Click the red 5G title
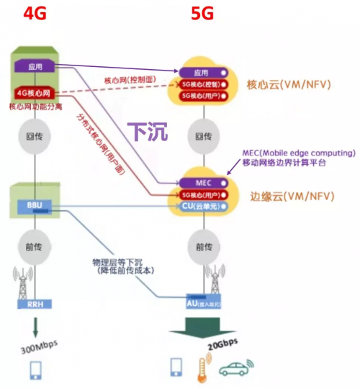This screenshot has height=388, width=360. point(202,14)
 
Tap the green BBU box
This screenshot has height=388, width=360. point(34,206)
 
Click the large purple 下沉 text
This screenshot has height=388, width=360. point(147,131)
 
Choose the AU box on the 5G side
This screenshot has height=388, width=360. point(203,304)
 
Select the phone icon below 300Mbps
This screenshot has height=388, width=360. point(35,370)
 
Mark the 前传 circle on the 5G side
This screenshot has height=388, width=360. point(203,245)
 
